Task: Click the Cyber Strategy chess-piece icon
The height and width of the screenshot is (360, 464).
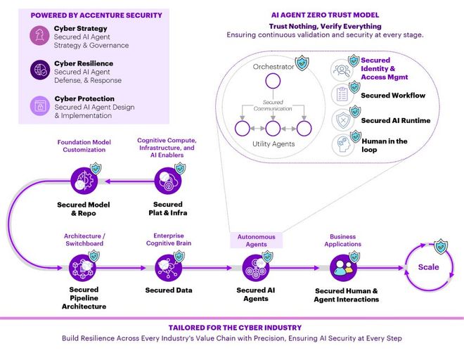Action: click(39, 35)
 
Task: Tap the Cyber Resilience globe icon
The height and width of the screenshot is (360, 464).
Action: click(40, 70)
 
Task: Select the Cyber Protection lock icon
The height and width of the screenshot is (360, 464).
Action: click(40, 105)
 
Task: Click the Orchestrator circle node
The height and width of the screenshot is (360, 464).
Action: click(273, 81)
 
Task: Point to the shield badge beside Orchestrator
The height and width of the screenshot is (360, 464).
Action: click(302, 63)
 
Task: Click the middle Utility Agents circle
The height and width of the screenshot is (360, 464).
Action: click(273, 129)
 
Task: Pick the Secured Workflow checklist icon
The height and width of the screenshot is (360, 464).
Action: click(342, 94)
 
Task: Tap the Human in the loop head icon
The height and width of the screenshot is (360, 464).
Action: click(342, 145)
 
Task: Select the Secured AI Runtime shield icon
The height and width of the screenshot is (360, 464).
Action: click(342, 120)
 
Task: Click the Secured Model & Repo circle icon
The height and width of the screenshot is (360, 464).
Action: click(84, 181)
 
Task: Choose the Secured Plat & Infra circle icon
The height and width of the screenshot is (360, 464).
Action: click(168, 181)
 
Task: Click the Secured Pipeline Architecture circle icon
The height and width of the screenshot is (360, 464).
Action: click(82, 268)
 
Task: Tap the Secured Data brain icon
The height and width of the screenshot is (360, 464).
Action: click(169, 268)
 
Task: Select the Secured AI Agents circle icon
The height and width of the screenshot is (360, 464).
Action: click(256, 268)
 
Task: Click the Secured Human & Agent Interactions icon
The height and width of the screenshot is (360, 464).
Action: click(343, 268)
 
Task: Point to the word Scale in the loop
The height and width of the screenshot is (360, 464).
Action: click(428, 267)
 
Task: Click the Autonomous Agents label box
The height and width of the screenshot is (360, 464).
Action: click(257, 240)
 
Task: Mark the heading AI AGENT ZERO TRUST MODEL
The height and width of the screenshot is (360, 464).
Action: click(325, 15)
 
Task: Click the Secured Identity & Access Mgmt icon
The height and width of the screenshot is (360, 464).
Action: click(342, 70)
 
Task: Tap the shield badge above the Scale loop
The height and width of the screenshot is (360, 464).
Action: click(441, 246)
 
